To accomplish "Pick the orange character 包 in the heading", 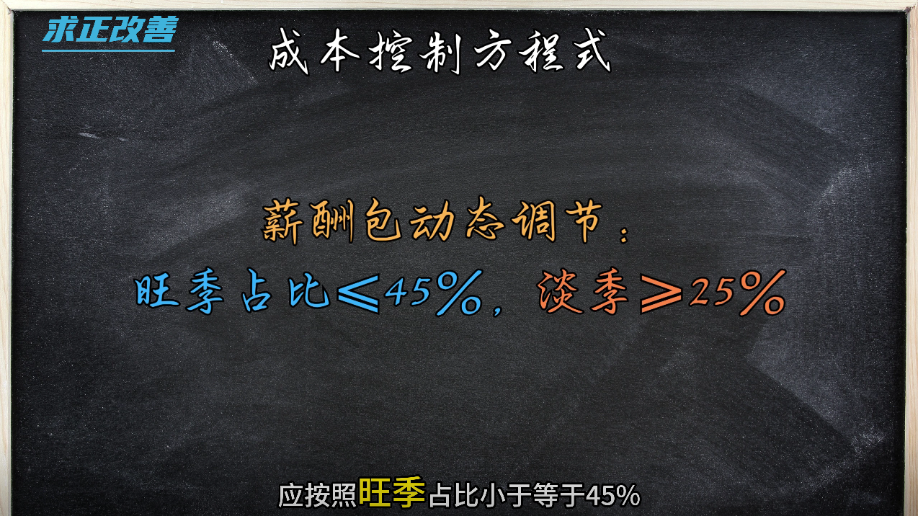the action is (x=383, y=221).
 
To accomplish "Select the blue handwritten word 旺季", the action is (x=179, y=292).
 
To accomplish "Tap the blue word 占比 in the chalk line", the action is (x=285, y=292).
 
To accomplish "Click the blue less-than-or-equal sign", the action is (x=358, y=293).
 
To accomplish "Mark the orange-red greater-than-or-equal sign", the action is (x=661, y=293).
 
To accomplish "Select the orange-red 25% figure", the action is (x=737, y=293).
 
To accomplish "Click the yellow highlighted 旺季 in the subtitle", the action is (x=392, y=491).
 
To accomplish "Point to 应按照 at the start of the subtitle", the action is (x=317, y=496).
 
